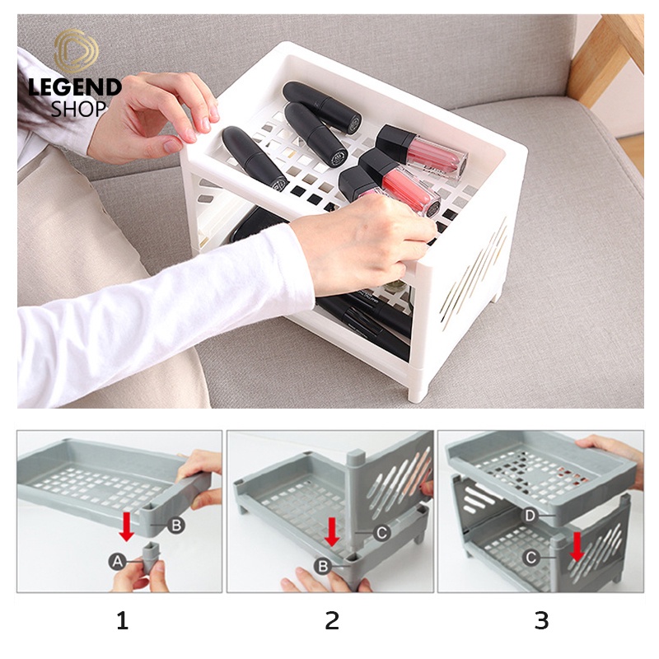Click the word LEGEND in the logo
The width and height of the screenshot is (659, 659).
point(75,87)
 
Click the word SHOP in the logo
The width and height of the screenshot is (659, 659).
point(78,109)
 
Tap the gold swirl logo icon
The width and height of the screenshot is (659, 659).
point(76,51)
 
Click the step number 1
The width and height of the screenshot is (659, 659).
point(122,620)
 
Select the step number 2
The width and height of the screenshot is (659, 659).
point(332,620)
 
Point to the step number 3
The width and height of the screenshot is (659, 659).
point(542,620)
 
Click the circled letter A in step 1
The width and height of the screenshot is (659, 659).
point(118,561)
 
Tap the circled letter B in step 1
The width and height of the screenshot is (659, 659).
point(176,525)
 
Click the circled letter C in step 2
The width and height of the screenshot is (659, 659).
point(381,532)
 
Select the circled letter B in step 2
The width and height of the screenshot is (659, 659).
point(323,566)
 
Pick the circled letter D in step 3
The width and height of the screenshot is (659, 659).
point(530,516)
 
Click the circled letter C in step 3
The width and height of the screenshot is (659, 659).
point(531,558)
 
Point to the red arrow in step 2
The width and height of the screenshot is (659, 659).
point(333,531)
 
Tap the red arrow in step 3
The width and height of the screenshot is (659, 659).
point(577,546)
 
